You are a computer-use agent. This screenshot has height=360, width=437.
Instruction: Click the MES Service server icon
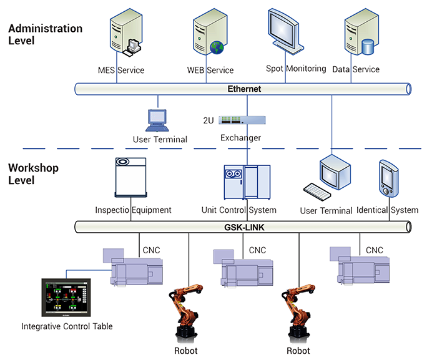coord(124,34)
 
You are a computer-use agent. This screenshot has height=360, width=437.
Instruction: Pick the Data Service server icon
coord(359,34)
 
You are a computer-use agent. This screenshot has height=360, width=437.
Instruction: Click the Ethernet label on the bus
coord(244,89)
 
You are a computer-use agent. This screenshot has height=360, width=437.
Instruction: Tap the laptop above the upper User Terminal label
coord(157,119)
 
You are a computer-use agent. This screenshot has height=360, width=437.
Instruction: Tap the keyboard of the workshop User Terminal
coord(318,190)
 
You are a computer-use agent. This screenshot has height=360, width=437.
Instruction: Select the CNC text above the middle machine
coord(257,250)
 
